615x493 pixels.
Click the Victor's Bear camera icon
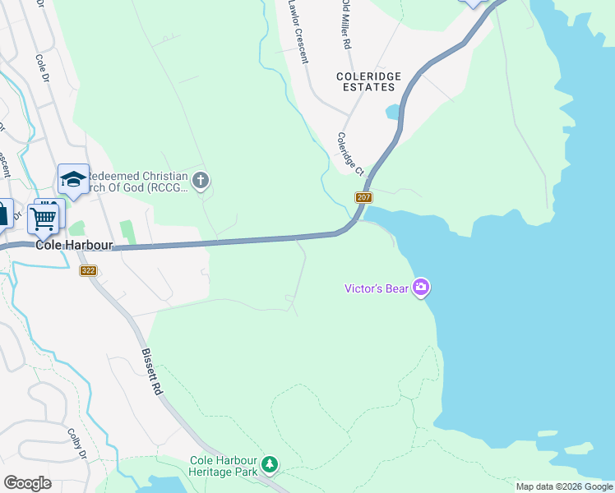421,287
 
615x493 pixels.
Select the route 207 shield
364,198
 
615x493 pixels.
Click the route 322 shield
89,270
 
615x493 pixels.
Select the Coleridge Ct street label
349,154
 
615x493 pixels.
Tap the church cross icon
201,179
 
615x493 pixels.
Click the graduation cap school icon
72,179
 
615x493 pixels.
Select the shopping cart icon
43,218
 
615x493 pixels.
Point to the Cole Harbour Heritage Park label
224,466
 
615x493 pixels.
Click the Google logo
27,483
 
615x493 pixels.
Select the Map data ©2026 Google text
564,486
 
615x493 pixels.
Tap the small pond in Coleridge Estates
393,111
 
